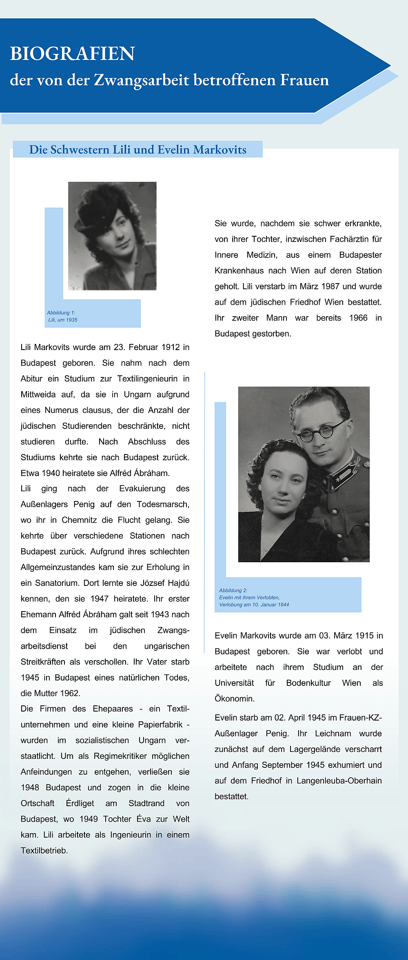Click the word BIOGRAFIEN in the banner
pos(72,53)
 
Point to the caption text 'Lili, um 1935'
pos(63,320)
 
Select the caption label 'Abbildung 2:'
pos(233,590)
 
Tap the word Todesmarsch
pos(163,504)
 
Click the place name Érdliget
pos(80,803)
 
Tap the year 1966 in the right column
pos(358,318)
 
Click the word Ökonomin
pos(235,699)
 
